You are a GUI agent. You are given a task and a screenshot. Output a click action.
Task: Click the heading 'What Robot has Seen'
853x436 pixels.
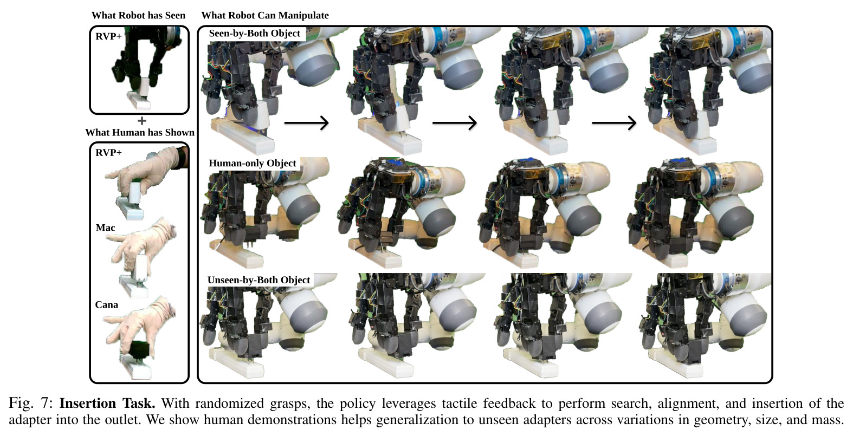[x=138, y=16]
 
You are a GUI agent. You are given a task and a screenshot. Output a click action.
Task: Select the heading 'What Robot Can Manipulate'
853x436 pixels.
[x=265, y=16]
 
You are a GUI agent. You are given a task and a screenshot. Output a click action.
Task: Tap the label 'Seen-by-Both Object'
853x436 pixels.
[x=254, y=34]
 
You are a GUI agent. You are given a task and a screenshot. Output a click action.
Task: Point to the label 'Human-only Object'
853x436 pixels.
[x=252, y=163]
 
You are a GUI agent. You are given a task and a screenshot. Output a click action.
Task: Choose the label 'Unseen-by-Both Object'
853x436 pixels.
[x=259, y=280]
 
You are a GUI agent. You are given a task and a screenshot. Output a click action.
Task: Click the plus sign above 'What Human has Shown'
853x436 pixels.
[x=141, y=121]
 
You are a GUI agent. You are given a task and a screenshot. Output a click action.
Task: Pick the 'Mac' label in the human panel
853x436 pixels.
[x=105, y=228]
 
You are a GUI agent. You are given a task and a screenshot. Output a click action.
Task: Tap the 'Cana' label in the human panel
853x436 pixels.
[x=107, y=305]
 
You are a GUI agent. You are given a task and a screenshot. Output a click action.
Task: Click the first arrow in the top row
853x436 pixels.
[x=307, y=123]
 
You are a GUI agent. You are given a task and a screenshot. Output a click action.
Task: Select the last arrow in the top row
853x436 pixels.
[x=614, y=123]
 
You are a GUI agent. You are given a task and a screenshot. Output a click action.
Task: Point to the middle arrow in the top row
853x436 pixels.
[x=455, y=123]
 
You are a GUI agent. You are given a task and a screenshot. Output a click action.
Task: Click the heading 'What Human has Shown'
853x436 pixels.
[x=140, y=132]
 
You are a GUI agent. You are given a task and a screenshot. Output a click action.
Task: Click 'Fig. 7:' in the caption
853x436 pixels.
[x=31, y=404]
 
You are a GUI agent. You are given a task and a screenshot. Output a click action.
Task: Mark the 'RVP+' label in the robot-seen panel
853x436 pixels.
[x=108, y=36]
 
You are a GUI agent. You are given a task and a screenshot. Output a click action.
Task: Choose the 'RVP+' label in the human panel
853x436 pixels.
[x=108, y=153]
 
